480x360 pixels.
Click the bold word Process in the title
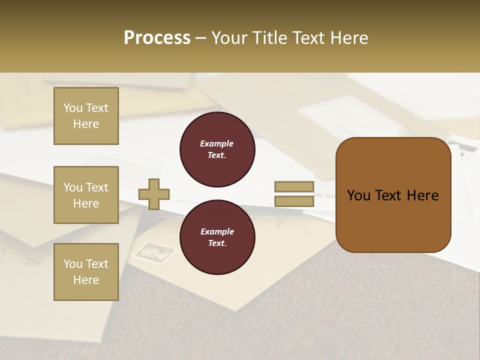(x=157, y=38)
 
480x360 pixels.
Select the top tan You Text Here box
(x=86, y=116)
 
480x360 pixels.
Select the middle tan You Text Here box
(x=86, y=195)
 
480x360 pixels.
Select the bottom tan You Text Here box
(x=86, y=271)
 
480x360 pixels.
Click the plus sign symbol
(x=154, y=194)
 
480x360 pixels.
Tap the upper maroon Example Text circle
(x=217, y=149)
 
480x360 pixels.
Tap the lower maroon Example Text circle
(x=217, y=237)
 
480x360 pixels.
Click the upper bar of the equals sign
(x=294, y=187)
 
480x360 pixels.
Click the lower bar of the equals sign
(x=294, y=201)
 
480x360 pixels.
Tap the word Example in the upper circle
(x=217, y=144)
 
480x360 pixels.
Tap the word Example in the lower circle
(x=217, y=232)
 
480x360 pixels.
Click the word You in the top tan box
(x=73, y=108)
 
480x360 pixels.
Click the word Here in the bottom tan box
(x=86, y=280)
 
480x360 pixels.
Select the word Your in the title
(x=230, y=38)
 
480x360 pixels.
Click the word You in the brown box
(x=358, y=195)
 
